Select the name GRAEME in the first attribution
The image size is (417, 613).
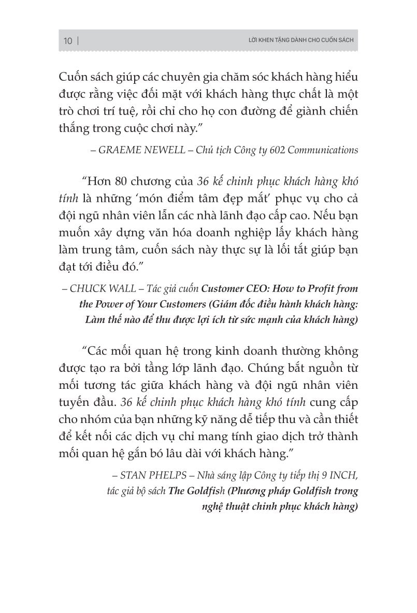click(116, 150)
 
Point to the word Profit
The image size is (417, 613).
click(311, 288)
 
